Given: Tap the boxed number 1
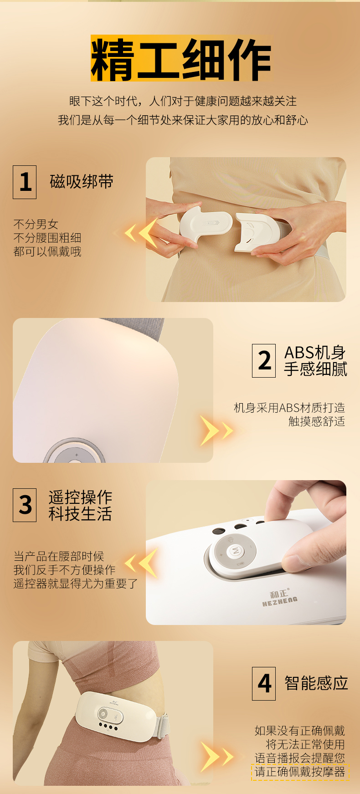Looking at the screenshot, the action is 25,182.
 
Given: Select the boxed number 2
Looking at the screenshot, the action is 264,361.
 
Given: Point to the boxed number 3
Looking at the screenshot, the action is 25,505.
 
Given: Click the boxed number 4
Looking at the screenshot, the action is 264,683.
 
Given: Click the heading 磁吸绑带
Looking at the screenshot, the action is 82,182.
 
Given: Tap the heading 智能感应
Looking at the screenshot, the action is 316,683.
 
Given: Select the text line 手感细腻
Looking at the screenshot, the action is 316,369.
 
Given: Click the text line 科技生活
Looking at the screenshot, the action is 80,514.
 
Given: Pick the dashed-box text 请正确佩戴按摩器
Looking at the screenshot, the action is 300,772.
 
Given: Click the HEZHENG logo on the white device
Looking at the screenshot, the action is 279,597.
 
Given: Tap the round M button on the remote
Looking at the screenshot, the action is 236,551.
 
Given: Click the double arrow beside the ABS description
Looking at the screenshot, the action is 216,430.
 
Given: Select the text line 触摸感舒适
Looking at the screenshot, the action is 317,421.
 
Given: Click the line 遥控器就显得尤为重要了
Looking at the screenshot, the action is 76,584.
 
